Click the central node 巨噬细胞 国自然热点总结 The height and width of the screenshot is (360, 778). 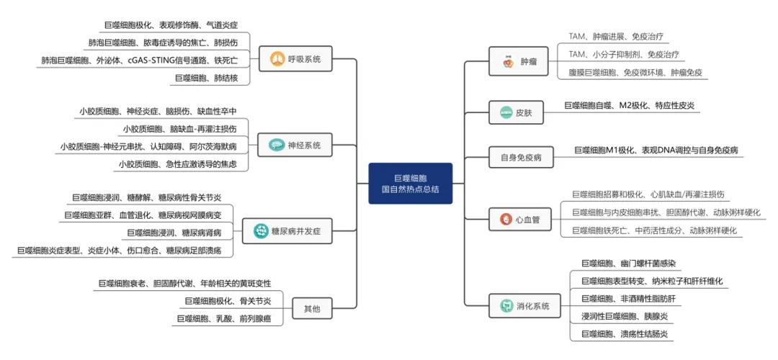[x=410, y=183]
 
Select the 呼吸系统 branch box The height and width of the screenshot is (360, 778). [x=295, y=59]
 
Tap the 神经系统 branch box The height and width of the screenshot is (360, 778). [x=295, y=145]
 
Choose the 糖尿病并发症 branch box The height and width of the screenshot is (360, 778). [x=287, y=231]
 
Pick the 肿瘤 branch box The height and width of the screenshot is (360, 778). [x=518, y=62]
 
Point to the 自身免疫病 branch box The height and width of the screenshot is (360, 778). [x=516, y=156]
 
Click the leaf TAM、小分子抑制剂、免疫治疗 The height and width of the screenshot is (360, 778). [x=622, y=54]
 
